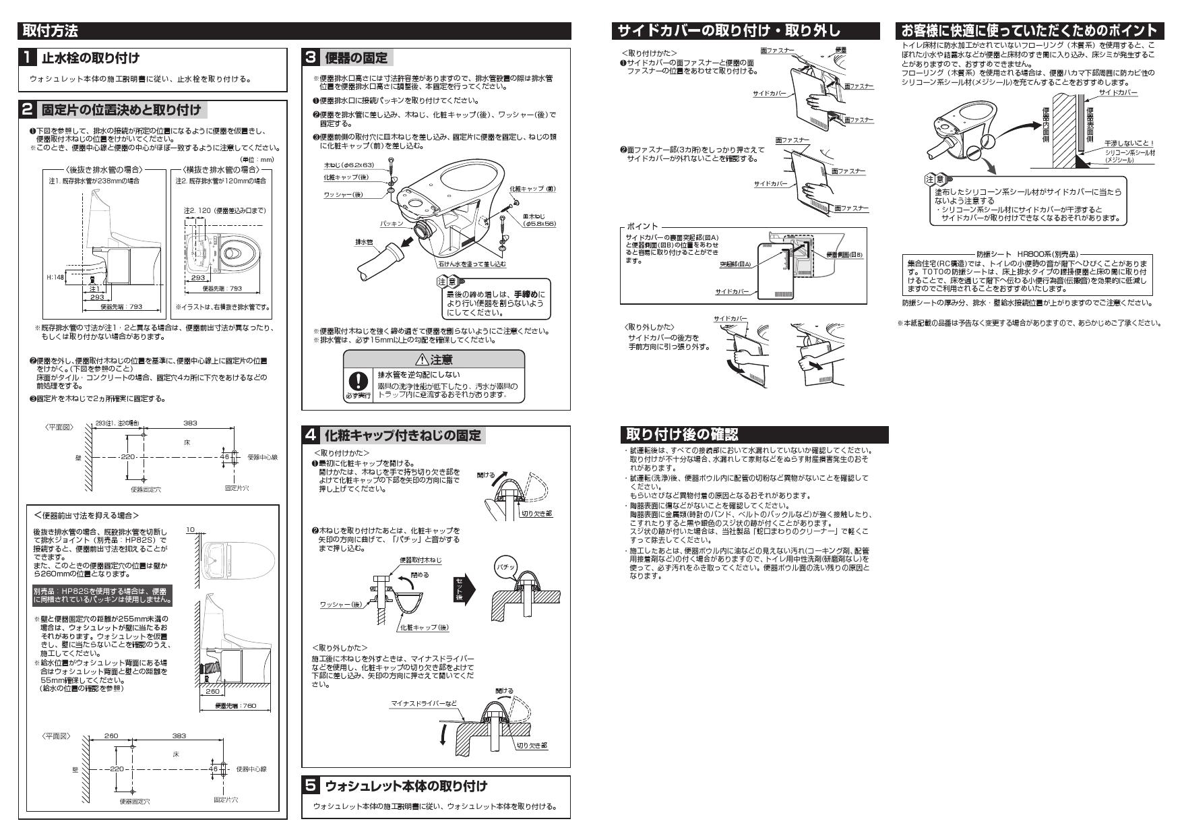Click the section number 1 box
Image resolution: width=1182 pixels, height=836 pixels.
point(28,58)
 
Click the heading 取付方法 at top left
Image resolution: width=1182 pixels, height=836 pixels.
point(51,30)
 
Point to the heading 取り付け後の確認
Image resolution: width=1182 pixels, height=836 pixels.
point(682,435)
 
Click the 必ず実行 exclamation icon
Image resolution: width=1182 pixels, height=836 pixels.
point(358,382)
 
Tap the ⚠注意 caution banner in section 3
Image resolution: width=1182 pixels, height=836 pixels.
point(434,360)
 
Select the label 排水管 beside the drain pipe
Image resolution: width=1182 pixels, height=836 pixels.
point(364,241)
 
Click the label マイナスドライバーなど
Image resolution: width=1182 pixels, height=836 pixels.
point(424,704)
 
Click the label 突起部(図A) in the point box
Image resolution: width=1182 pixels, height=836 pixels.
point(735,265)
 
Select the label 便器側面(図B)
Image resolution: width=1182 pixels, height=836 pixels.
point(844,255)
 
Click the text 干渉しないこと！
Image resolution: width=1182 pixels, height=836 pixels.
point(1129,144)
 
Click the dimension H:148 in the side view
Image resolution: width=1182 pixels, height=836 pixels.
point(55,278)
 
